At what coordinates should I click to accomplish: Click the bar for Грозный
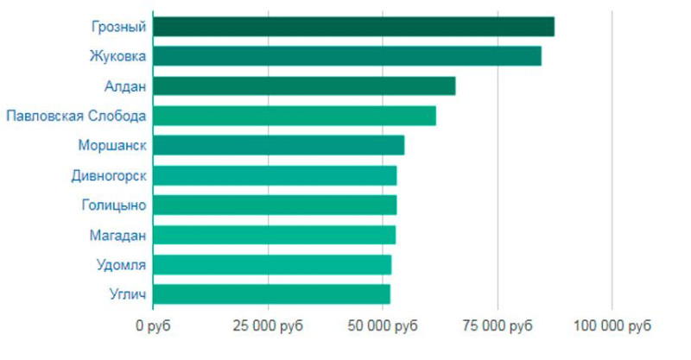(353, 27)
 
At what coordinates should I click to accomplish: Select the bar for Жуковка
(347, 56)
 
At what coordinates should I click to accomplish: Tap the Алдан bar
(304, 86)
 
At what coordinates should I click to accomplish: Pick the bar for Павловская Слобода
(295, 116)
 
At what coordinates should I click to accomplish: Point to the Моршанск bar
(278, 145)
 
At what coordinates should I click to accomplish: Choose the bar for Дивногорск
(275, 175)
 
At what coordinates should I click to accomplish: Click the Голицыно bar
(275, 205)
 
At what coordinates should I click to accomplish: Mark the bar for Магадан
(274, 235)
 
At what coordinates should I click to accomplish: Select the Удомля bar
(272, 264)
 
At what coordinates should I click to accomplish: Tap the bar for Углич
(271, 294)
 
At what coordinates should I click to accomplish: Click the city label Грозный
(118, 27)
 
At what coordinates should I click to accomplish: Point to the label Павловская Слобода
(76, 116)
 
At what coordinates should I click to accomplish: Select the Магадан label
(117, 235)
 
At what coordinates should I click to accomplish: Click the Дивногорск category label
(109, 175)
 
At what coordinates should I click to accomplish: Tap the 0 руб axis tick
(154, 326)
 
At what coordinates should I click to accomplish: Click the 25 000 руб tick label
(269, 326)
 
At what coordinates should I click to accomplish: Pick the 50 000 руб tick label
(383, 326)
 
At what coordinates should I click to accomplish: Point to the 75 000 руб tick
(498, 326)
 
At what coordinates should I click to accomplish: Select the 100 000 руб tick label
(612, 326)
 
